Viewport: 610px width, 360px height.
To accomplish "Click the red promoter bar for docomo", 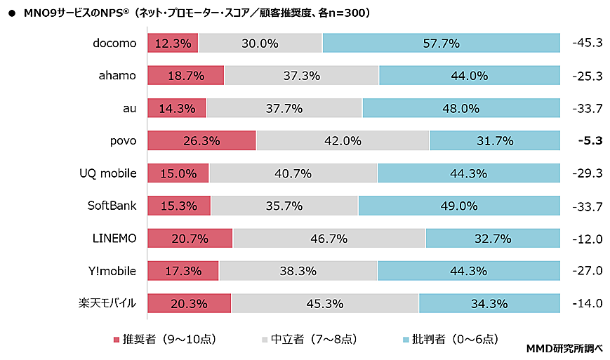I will point(173,43).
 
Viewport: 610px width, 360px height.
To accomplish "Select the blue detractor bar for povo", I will point(494,140).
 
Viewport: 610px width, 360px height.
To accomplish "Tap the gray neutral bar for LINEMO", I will point(329,238).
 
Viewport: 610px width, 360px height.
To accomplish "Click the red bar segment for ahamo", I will point(185,75).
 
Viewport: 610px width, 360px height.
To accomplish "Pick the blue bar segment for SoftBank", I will point(458,206).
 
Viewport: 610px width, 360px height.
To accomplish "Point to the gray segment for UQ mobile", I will point(293,173).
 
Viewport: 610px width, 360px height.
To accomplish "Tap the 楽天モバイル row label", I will point(107,303).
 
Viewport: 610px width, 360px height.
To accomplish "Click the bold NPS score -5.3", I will point(590,140).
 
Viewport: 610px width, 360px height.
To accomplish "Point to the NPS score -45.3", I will point(588,43).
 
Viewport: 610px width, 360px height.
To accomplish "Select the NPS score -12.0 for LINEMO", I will point(588,238).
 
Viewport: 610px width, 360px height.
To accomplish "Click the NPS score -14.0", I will point(588,303).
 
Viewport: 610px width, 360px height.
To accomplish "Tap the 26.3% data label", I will point(202,140).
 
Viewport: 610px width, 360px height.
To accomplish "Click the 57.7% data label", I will point(442,43).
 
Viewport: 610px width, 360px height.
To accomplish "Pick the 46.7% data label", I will point(329,238).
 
